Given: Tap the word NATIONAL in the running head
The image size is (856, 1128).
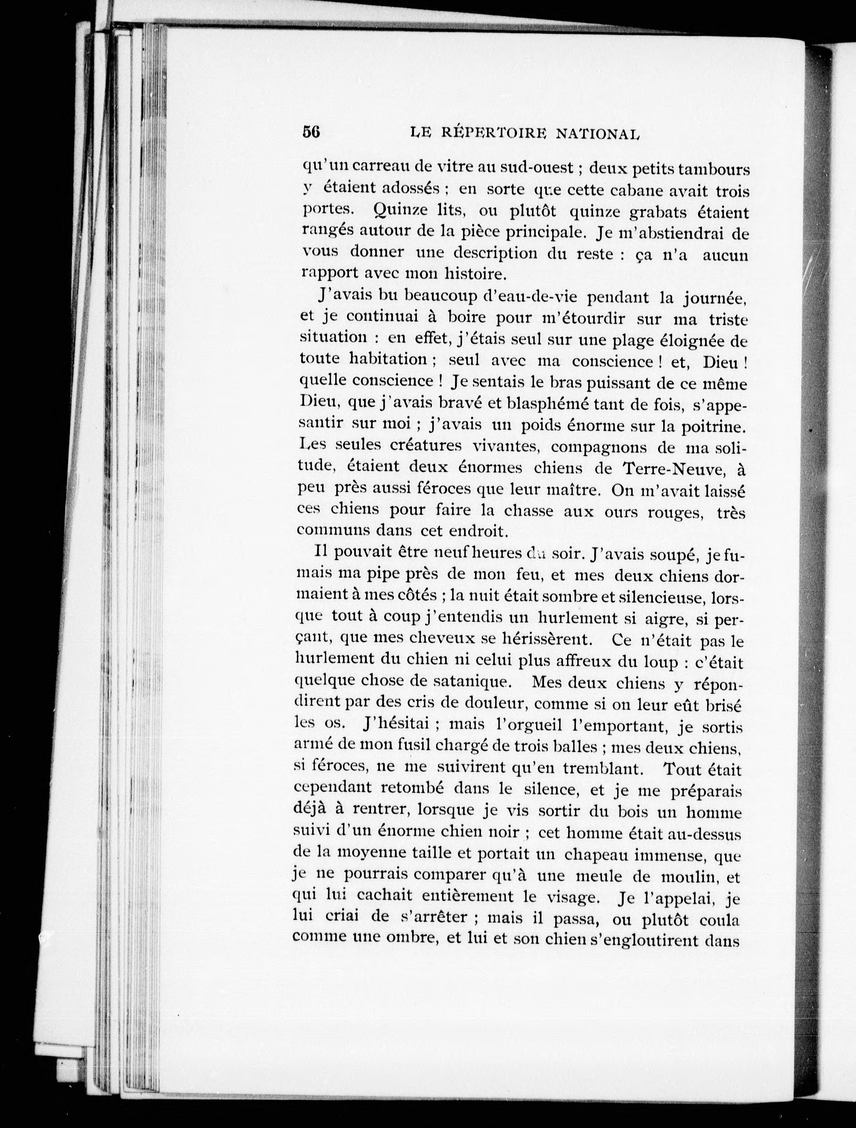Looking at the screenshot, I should click(597, 134).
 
